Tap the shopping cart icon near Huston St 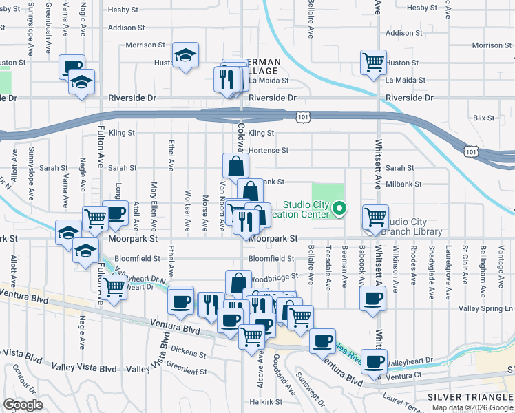tap(372, 63)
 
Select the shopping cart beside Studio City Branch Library tap(375, 217)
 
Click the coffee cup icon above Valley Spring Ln tap(372, 299)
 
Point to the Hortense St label tap(267, 150)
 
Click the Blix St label tap(484, 118)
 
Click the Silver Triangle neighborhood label tap(470, 397)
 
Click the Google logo tap(23, 405)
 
